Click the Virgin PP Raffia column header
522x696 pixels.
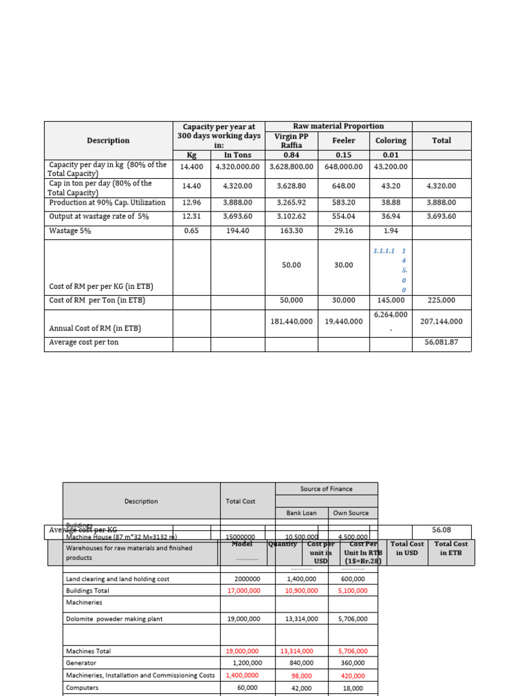coord(291,141)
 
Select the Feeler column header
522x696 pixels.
coord(344,141)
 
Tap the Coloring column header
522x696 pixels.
coord(391,141)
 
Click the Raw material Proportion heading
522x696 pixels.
coord(338,126)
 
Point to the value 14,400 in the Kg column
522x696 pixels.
coord(192,167)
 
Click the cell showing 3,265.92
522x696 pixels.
coord(291,203)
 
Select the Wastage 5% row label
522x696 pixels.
coord(70,231)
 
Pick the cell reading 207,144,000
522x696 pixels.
coord(441,321)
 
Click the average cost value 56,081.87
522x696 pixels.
coord(441,343)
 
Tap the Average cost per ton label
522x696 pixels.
coord(84,343)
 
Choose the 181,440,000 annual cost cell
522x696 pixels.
coord(291,321)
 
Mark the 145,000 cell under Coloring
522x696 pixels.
coord(391,300)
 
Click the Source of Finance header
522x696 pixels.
coord(326,489)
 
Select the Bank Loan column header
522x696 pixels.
coord(301,513)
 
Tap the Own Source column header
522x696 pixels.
coord(351,513)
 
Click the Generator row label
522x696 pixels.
coord(81,663)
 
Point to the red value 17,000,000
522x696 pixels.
coord(243,591)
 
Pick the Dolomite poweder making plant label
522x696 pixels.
coord(114,619)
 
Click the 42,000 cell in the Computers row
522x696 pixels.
coord(301,688)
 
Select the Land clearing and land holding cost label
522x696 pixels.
coord(118,579)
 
